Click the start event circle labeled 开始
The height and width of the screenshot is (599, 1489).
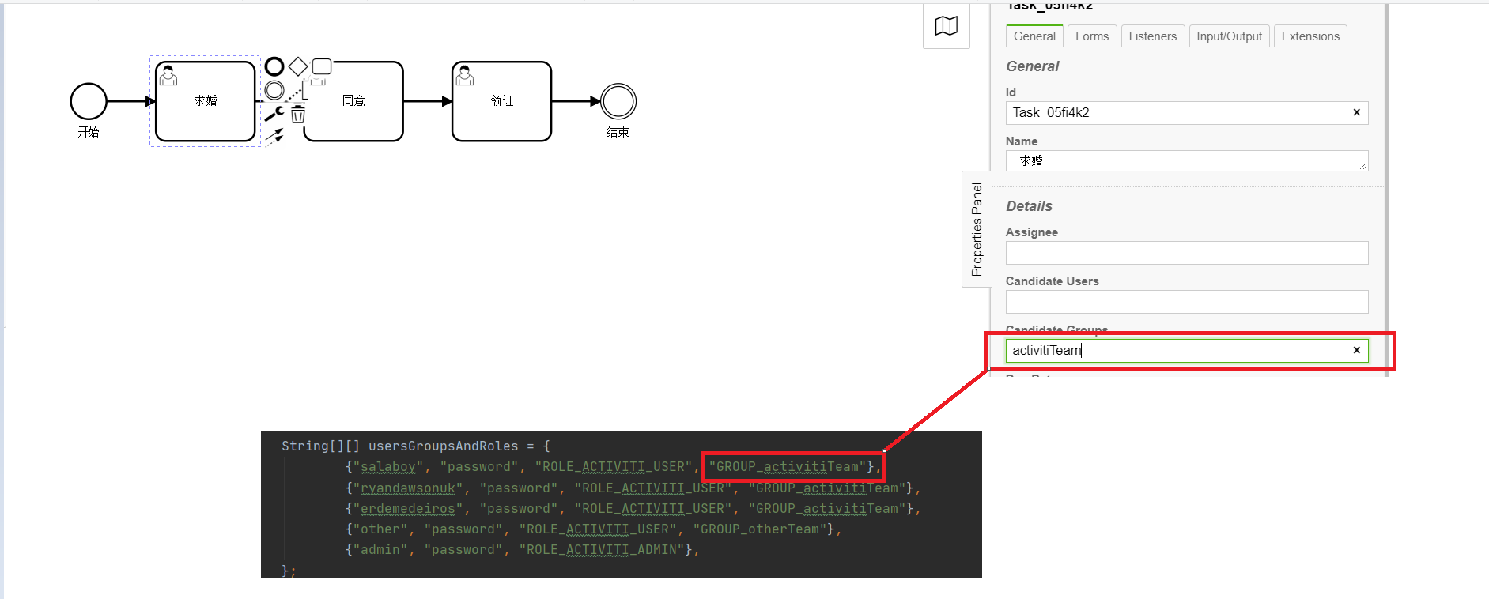pos(89,101)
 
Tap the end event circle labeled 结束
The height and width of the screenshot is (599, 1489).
pos(618,101)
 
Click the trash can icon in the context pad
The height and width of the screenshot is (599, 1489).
pos(298,115)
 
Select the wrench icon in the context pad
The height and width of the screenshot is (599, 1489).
pos(274,115)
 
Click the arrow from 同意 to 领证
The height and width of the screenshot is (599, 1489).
pos(427,101)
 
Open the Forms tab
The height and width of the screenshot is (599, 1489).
pos(1091,36)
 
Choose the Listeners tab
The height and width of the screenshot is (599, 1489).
pos(1152,36)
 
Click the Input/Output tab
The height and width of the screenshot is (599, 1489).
pos(1229,36)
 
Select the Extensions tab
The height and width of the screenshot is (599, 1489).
pos(1309,36)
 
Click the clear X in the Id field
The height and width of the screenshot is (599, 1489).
pos(1356,112)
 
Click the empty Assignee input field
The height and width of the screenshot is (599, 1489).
pos(1186,253)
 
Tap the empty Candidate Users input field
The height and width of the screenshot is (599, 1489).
pos(1186,302)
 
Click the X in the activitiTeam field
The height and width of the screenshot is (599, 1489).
pos(1356,350)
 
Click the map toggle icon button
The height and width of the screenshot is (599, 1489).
pos(946,26)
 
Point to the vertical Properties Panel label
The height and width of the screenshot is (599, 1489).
pos(977,229)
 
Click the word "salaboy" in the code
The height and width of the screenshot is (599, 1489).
pos(387,467)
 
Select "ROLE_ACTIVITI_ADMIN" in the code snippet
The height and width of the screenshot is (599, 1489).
pos(601,550)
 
